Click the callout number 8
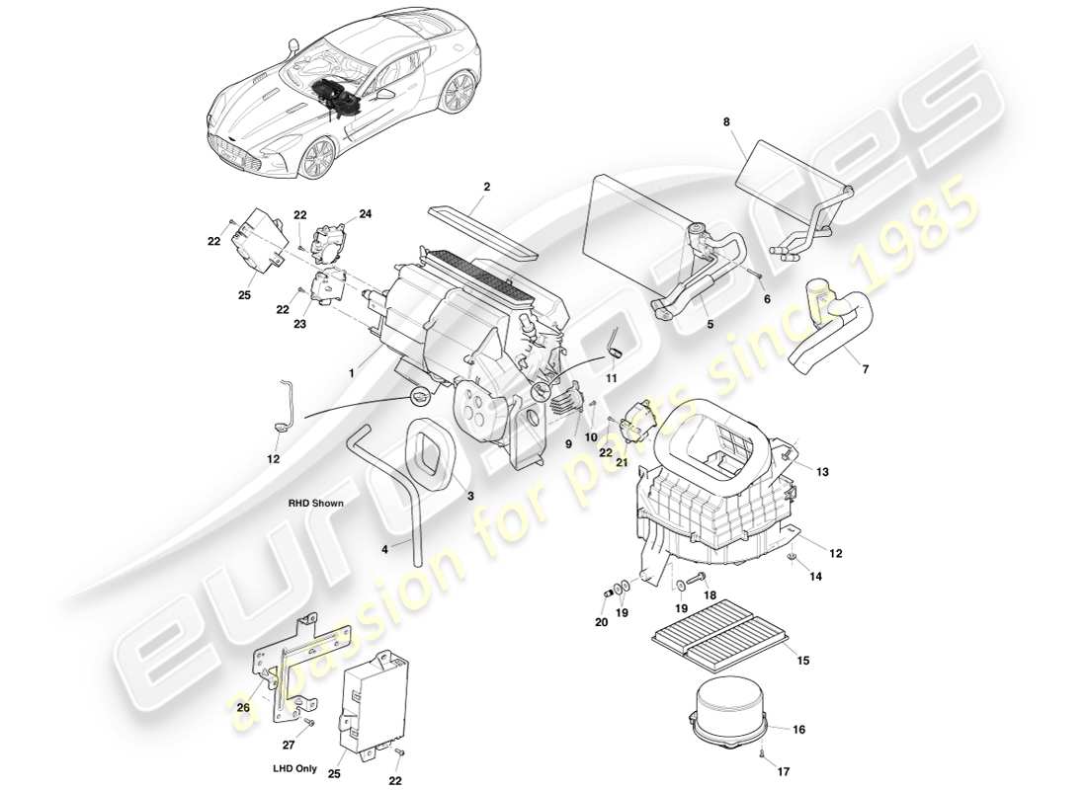(x=727, y=122)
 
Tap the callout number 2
(x=486, y=186)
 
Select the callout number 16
(x=799, y=729)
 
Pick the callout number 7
(x=866, y=369)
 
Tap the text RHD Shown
(x=316, y=503)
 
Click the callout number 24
(x=365, y=213)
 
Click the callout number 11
(x=612, y=378)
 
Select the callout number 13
(x=823, y=472)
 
